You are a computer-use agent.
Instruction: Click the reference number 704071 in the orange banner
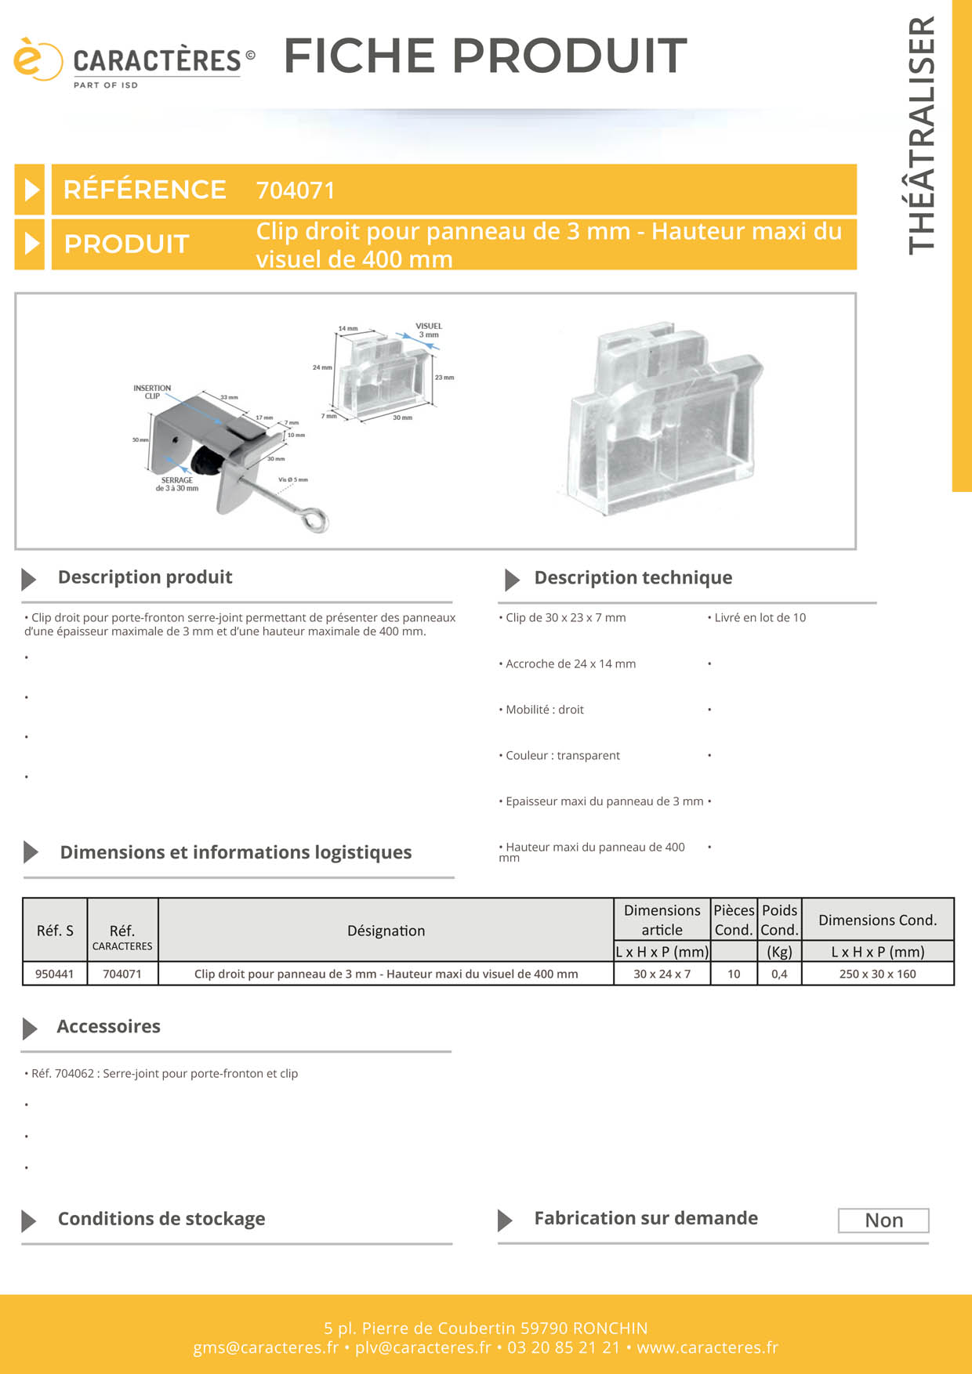point(296,190)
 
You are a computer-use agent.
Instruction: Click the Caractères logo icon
point(36,60)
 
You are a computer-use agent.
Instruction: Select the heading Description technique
point(633,578)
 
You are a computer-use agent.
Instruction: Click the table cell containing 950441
point(55,974)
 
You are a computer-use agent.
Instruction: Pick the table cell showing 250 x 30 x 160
point(877,974)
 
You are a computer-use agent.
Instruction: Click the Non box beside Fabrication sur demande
point(883,1220)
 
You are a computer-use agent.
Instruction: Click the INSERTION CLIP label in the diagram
point(152,392)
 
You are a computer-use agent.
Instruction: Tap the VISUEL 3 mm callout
point(428,331)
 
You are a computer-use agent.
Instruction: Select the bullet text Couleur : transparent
point(562,756)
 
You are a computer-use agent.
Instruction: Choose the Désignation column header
point(386,931)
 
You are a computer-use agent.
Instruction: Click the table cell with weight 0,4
point(779,974)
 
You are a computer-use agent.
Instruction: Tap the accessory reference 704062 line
point(164,1074)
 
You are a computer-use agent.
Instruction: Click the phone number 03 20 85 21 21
point(563,1347)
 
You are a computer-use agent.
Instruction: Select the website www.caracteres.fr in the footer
point(707,1347)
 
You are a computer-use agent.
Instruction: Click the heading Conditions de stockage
point(161,1219)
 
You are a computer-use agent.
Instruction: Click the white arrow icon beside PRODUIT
point(31,244)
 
